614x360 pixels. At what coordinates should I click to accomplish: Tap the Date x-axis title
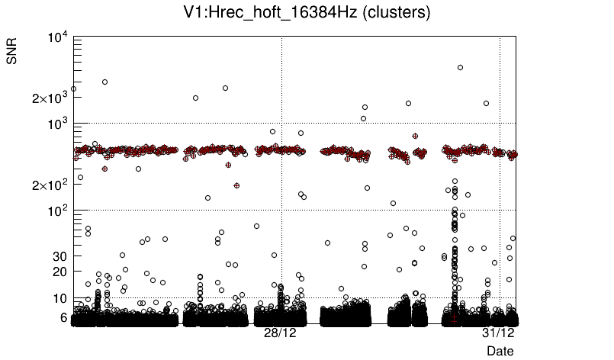click(500, 350)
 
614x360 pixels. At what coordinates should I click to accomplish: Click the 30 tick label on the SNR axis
click(60, 256)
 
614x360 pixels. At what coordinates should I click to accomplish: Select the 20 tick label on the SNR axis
click(60, 272)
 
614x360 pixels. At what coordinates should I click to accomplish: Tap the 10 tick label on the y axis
click(60, 297)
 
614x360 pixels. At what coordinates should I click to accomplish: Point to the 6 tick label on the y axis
click(64, 317)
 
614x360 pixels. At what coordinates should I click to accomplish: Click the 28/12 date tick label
click(281, 333)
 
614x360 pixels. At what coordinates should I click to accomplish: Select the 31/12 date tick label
click(499, 333)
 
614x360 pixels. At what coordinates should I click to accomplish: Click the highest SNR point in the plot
click(460, 67)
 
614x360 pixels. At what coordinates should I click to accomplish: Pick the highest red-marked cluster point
click(415, 136)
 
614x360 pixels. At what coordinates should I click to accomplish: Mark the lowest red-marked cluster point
click(237, 185)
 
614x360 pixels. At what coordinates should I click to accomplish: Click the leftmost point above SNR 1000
click(73, 88)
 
